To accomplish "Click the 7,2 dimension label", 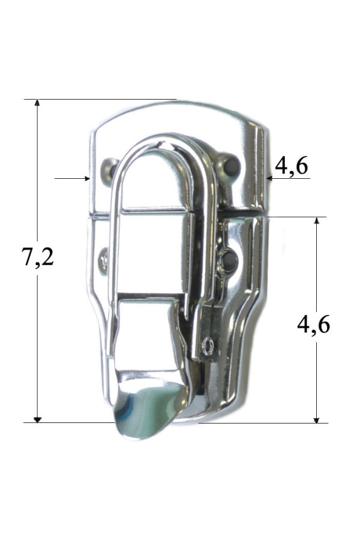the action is point(38,257).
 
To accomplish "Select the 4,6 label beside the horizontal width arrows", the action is point(291,166).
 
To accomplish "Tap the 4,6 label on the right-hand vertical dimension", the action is point(313,325).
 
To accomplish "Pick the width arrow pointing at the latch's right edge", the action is point(289,178).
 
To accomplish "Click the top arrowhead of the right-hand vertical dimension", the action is point(317,221).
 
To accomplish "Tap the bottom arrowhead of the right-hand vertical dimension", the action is point(317,419).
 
